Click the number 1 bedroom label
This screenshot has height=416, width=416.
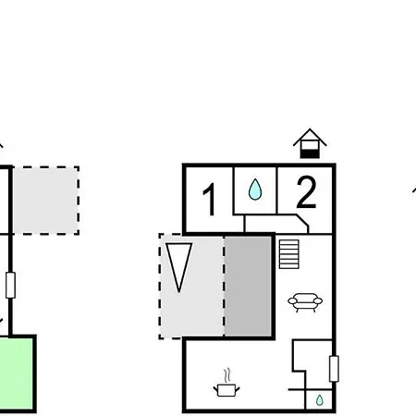210,200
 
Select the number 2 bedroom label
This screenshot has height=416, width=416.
306,192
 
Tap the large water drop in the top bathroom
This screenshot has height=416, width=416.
255,190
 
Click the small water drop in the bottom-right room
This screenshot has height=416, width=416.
320,400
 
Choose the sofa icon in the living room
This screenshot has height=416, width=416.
305,302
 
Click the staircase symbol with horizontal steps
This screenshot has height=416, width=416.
289,254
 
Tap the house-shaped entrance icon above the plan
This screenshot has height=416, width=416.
310,143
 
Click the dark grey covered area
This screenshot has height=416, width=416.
248,286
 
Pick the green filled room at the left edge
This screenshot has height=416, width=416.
17,373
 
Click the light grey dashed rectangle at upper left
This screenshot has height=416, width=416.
46,201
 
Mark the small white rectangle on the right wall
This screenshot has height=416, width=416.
334,369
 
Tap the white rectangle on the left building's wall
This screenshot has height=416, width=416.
10,285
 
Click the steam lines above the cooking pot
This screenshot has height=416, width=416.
227,375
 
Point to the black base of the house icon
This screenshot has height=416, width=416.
310,153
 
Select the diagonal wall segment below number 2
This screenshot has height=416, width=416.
302,220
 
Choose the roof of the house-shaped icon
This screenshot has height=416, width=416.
310,137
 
